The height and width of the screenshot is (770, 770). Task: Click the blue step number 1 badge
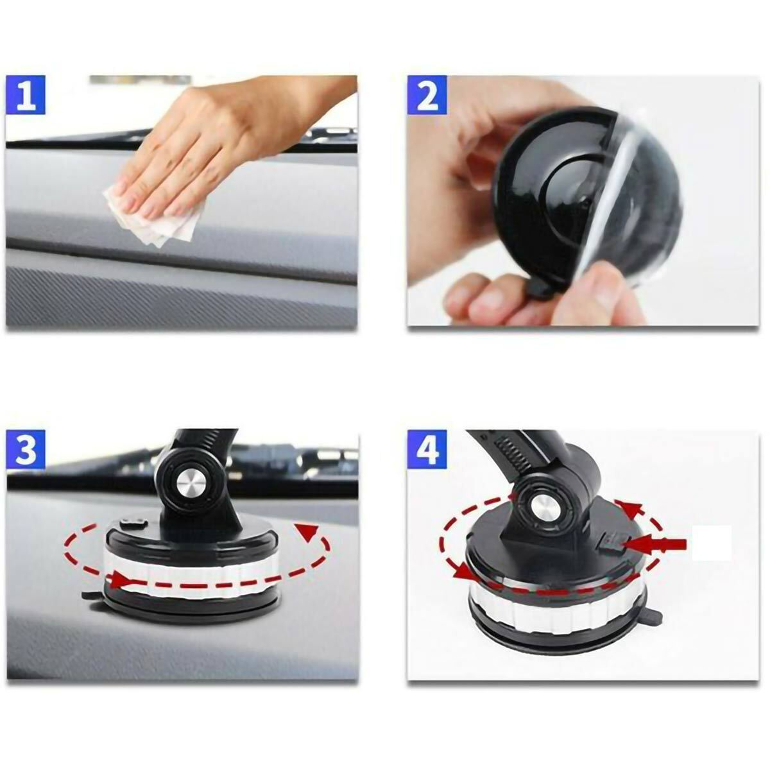(x=26, y=95)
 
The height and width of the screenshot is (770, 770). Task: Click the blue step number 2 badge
(x=427, y=95)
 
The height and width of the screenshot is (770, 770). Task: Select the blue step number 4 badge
(x=427, y=450)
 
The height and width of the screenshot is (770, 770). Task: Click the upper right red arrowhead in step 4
(x=633, y=510)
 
